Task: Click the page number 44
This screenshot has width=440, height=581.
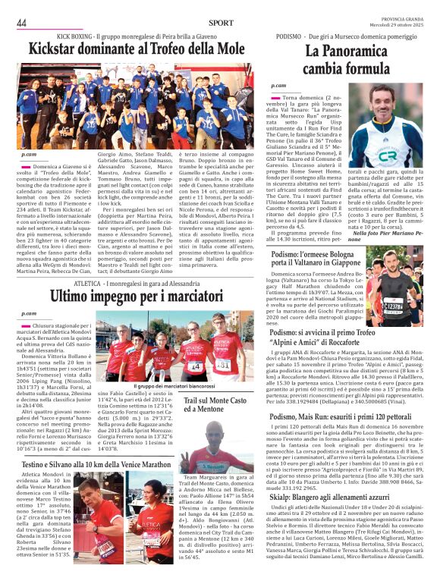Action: [x=21, y=24]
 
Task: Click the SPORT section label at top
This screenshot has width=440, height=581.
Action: [x=222, y=24]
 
